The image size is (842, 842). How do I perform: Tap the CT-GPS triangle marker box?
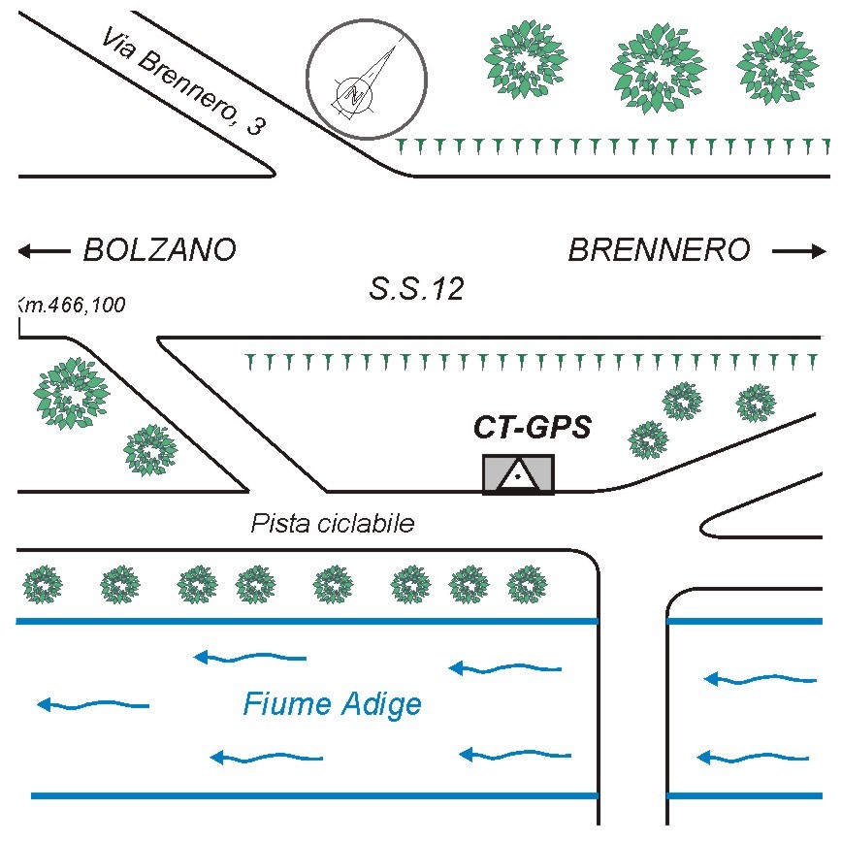pos(519,474)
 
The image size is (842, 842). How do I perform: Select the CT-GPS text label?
pos(532,428)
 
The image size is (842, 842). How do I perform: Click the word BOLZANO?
pos(159,250)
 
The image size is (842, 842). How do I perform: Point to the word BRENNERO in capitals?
pos(659,250)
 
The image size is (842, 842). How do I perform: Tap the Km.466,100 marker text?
pos(73,307)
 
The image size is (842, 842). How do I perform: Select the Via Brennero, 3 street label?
pos(181,81)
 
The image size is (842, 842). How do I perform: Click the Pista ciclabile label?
pos(332,524)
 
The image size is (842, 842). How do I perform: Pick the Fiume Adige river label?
pos(333,702)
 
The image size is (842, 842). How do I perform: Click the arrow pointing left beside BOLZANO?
pos(44,251)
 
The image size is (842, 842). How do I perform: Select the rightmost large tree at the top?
pos(778,68)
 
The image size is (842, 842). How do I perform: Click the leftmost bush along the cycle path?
pos(43,584)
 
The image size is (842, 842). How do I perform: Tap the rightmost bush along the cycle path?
pos(527,584)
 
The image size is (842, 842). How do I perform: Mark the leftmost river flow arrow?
pos(93,705)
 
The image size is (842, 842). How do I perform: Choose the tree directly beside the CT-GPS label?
pos(648,439)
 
